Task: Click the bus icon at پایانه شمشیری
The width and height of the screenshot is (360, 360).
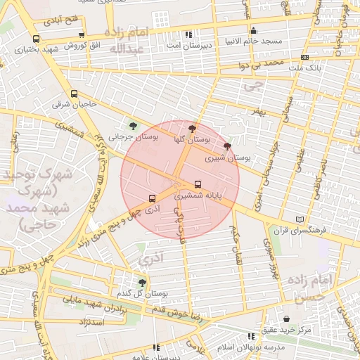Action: coord(197,185)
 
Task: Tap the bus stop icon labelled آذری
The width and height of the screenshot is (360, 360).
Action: coord(152,198)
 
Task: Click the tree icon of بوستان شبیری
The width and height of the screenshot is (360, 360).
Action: coord(226,146)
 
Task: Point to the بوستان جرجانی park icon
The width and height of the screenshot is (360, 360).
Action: coord(134,126)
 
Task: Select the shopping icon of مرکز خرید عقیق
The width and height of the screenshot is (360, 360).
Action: coord(286,319)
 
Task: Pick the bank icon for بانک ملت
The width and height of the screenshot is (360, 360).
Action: coord(304,57)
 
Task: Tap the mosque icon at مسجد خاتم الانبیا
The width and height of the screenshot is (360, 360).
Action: coord(253,31)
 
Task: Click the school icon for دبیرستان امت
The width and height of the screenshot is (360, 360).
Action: coord(188,34)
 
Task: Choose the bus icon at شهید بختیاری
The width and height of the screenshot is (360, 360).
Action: coord(36,39)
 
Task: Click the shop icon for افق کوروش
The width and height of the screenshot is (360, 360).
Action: coord(82,34)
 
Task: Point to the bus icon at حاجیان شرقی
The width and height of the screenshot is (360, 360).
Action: coord(74,94)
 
